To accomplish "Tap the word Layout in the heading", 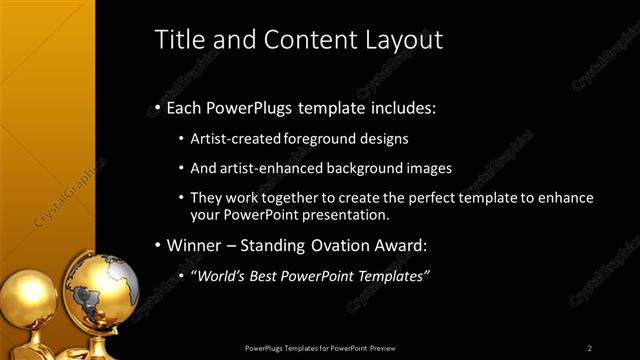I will tap(403, 40).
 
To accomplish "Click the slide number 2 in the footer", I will tap(590, 348).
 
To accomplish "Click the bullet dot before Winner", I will tap(157, 246).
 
